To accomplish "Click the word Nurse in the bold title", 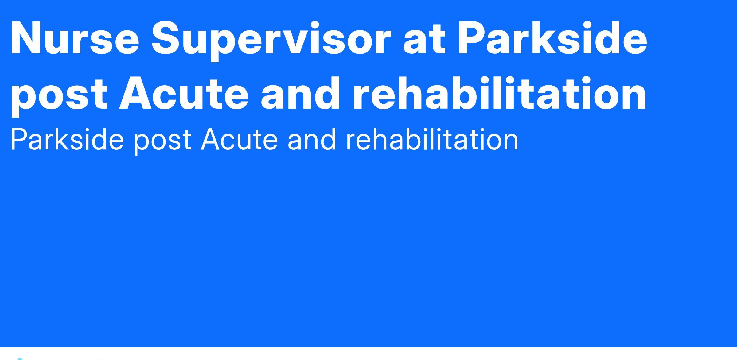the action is pyautogui.click(x=75, y=38).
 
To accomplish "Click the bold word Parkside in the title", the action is pyautogui.click(x=552, y=38).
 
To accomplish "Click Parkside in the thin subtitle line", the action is pyautogui.click(x=67, y=140).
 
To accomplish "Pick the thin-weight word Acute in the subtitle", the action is pyautogui.click(x=240, y=140).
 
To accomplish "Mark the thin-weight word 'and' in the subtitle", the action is pyautogui.click(x=312, y=140).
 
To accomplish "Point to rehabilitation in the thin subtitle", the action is pyautogui.click(x=432, y=140).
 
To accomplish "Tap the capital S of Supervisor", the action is pyautogui.click(x=168, y=38).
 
